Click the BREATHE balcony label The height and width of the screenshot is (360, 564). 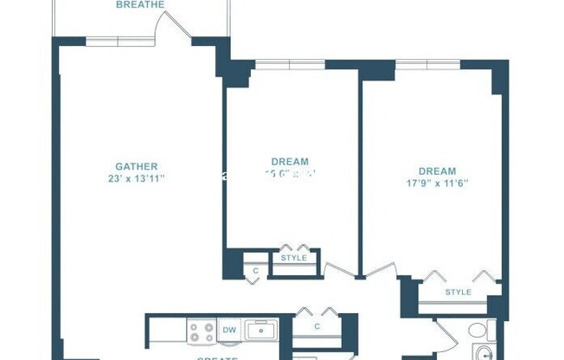(x=139, y=4)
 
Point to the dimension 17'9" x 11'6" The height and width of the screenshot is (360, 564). (x=437, y=183)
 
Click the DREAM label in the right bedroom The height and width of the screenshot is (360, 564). (x=437, y=171)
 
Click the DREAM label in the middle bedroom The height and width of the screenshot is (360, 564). (x=290, y=162)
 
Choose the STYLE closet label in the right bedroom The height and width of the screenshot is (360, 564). (x=458, y=292)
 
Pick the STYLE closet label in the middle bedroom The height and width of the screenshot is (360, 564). (x=294, y=258)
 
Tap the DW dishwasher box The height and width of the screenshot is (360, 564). (x=229, y=329)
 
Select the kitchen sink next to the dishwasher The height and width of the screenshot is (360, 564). (x=260, y=330)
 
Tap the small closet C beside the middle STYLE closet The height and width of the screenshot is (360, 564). (x=255, y=271)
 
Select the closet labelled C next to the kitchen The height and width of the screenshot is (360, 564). (x=317, y=326)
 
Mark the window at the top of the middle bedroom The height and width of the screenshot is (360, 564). (x=290, y=65)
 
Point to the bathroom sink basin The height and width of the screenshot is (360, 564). (x=482, y=354)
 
